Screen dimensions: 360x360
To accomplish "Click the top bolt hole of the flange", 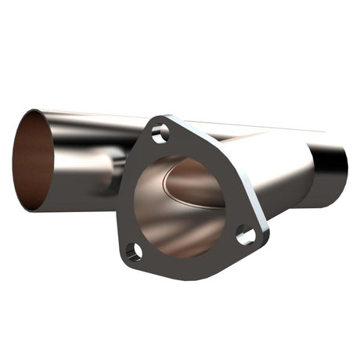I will (x=160, y=134).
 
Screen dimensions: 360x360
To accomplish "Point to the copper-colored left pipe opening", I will (x=33, y=160).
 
